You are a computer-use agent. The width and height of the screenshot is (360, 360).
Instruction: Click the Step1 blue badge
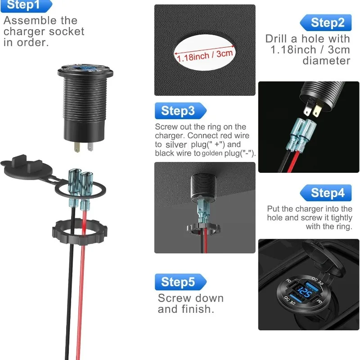coord(27,5)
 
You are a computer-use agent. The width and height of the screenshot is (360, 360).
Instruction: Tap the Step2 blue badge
coord(325,22)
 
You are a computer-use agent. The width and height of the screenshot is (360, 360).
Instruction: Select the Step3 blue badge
coord(181,111)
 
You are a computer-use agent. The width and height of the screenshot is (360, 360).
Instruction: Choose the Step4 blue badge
coord(325,193)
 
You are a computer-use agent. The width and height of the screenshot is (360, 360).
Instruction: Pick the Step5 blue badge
coord(181,282)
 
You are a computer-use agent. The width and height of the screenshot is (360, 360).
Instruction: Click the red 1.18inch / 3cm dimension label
coord(205,55)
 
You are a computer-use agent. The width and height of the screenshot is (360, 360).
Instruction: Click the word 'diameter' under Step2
coord(326,61)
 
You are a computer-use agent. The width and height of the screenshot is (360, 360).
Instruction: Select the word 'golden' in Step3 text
coord(212,153)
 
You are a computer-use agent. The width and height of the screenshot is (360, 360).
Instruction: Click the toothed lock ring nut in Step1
coord(80,232)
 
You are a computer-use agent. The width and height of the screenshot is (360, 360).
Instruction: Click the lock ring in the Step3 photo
coord(203,229)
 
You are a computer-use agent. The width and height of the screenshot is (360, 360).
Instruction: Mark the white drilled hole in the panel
coord(205,52)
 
